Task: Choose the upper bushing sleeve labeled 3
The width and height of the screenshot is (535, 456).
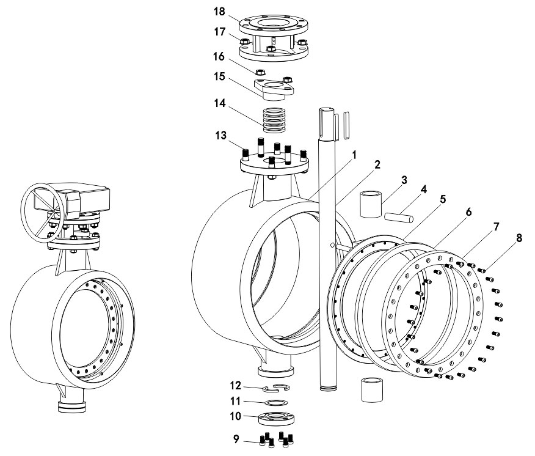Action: coord(371,204)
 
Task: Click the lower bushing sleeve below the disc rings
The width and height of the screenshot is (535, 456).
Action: coord(372,390)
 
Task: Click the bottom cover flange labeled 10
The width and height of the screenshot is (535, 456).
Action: coord(276,420)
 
